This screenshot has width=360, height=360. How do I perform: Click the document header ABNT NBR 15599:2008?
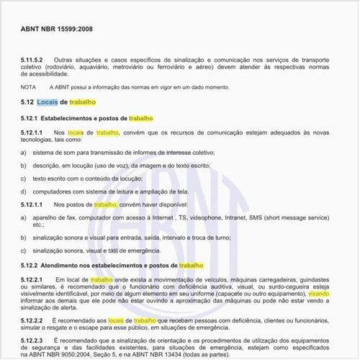(x=56, y=30)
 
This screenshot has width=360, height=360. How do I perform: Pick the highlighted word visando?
(x=319, y=294)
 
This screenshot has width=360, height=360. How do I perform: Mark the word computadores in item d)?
(x=57, y=192)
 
